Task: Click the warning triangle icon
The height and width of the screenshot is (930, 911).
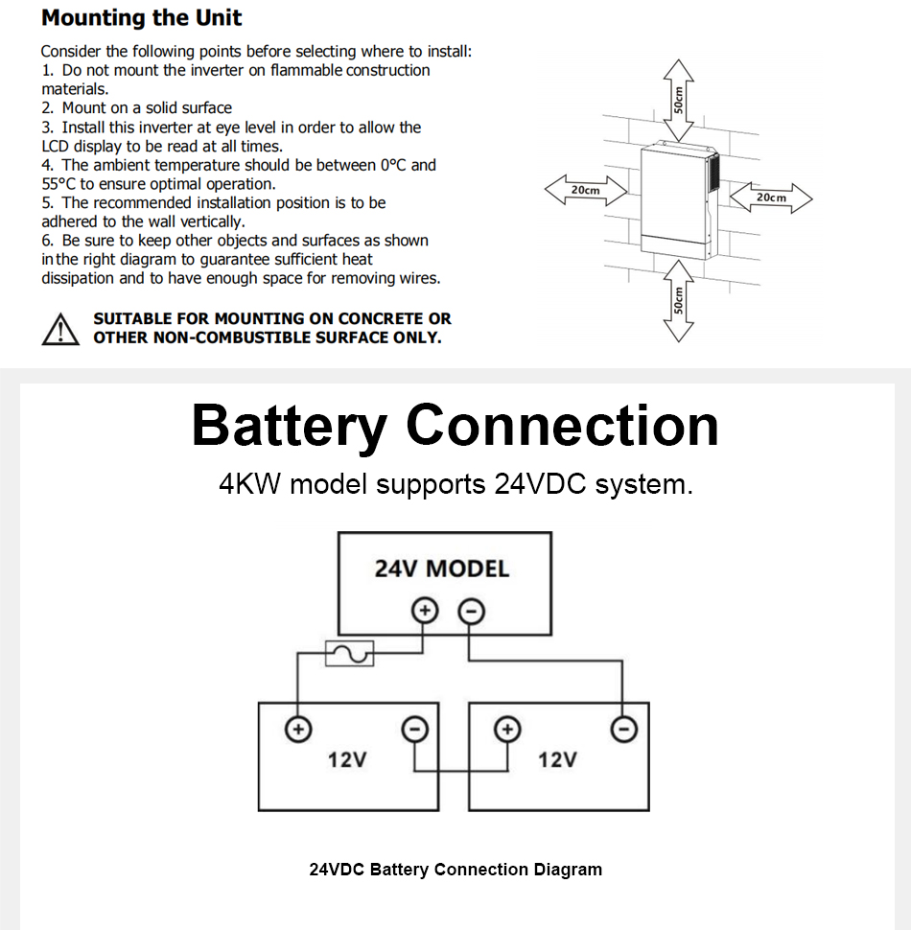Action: (x=60, y=329)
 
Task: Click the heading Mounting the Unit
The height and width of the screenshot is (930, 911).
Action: (x=142, y=18)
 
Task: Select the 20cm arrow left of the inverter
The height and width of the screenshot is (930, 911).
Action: (x=585, y=190)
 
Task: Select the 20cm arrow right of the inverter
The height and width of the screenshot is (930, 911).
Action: (x=771, y=198)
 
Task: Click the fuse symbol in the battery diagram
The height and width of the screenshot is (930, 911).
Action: (x=350, y=654)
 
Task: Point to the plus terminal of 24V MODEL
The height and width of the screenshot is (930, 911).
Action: (x=424, y=610)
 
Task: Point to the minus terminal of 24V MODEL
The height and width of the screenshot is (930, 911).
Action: (x=469, y=610)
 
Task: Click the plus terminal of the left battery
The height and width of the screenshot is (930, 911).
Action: (x=298, y=730)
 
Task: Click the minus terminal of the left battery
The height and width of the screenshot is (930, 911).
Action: (x=414, y=730)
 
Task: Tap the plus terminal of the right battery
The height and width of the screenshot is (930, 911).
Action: (x=507, y=730)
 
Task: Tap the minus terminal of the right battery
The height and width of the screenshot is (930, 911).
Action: (x=623, y=730)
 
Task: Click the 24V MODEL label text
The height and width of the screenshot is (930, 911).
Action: (x=441, y=569)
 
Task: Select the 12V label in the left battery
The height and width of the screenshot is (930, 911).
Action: (x=347, y=760)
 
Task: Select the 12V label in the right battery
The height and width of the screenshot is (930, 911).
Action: (x=557, y=760)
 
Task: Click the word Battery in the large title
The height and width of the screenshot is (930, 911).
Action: (x=289, y=427)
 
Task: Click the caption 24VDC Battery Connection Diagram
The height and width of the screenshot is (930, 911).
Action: (x=455, y=870)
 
